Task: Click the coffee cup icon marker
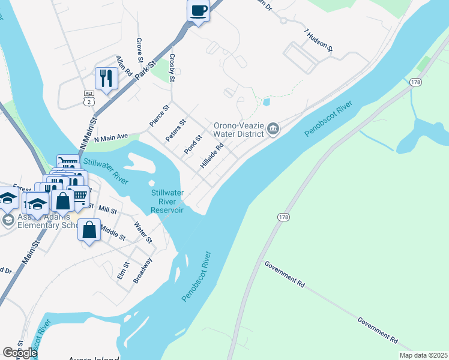[x=198, y=11]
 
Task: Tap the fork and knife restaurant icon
[x=106, y=78]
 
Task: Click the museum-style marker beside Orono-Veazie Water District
[x=273, y=128]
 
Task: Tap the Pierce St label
[x=160, y=116]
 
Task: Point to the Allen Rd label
[x=124, y=65]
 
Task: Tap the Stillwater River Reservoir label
[x=166, y=201]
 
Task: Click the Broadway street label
[x=143, y=270]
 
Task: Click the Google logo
[x=20, y=353]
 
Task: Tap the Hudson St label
[x=319, y=40]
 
